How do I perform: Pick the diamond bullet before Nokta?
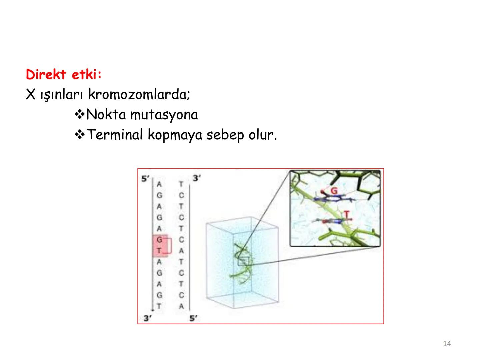(x=80, y=115)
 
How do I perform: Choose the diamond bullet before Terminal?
(x=80, y=135)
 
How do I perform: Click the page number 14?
(x=447, y=344)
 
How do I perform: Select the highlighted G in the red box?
(x=159, y=240)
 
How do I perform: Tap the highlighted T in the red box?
(x=159, y=251)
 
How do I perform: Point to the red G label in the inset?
(x=334, y=191)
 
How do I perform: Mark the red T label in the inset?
(x=347, y=215)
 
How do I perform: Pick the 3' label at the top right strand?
(x=197, y=179)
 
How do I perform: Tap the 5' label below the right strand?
(x=193, y=318)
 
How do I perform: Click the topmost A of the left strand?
(x=159, y=184)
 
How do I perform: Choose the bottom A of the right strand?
(x=181, y=306)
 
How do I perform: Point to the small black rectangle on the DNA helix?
(x=244, y=261)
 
